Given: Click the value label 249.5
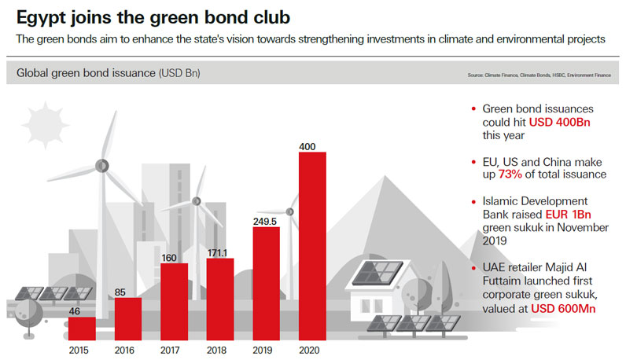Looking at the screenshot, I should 266,221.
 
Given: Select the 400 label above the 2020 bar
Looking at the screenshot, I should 311,146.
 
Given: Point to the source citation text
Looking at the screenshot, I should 539,75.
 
